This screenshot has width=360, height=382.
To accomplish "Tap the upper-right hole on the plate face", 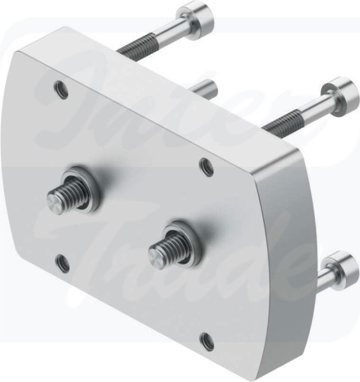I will [x=207, y=166].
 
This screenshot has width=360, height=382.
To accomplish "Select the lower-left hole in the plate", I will [x=63, y=264].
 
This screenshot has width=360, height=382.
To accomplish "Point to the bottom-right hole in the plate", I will [x=207, y=342].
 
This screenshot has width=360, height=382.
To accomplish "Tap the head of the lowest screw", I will [x=340, y=267].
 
